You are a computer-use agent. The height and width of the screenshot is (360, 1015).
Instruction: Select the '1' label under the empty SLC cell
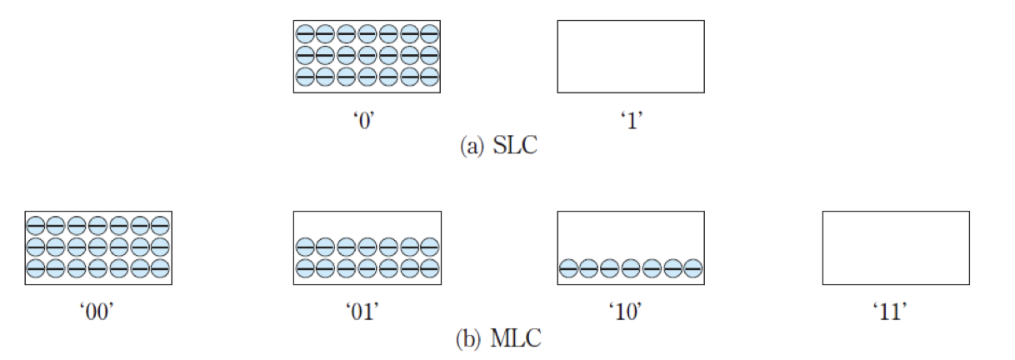pyautogui.click(x=630, y=120)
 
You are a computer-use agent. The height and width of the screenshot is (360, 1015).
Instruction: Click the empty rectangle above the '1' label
pyautogui.click(x=630, y=57)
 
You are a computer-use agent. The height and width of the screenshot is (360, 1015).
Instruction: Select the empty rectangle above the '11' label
pyautogui.click(x=896, y=248)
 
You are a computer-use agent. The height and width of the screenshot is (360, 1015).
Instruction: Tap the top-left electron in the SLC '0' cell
pyautogui.click(x=305, y=34)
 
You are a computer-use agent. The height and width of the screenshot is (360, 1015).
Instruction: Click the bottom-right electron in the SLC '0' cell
pyautogui.click(x=429, y=76)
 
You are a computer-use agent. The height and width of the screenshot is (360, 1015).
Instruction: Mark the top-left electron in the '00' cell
pyautogui.click(x=35, y=226)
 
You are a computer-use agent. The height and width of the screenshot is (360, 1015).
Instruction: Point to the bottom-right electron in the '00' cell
pyautogui.click(x=160, y=268)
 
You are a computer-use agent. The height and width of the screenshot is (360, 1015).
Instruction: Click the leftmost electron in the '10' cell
pyautogui.click(x=568, y=268)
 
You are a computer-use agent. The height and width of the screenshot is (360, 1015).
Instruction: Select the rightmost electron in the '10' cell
pyautogui.click(x=692, y=268)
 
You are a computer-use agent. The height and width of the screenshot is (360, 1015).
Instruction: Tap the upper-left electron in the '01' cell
pyautogui.click(x=305, y=247)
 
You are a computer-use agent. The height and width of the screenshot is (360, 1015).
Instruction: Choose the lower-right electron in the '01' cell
pyautogui.click(x=429, y=268)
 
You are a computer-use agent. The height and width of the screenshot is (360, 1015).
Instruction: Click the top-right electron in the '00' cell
pyautogui.click(x=160, y=226)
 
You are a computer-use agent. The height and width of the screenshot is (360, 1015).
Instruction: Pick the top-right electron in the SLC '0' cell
pyautogui.click(x=429, y=34)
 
